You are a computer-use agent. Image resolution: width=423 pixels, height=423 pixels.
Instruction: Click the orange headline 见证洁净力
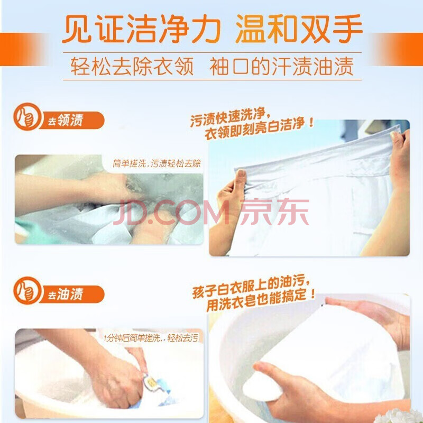(x=141, y=29)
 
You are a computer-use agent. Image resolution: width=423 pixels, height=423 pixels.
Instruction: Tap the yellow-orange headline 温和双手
(x=299, y=29)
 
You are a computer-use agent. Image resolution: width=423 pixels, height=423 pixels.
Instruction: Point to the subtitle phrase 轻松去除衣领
(x=132, y=67)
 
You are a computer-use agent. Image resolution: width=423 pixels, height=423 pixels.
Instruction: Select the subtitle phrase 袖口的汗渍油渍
(x=281, y=67)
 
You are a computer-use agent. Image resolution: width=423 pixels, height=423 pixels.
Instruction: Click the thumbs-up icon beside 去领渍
(x=27, y=116)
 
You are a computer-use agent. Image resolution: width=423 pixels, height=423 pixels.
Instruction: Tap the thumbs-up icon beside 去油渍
(x=27, y=290)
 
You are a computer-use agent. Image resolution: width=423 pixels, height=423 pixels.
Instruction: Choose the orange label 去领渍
(x=66, y=121)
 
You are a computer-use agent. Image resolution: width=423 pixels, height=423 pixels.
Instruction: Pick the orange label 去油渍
(x=66, y=295)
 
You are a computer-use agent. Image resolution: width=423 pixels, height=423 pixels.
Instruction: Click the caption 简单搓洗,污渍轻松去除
(x=157, y=163)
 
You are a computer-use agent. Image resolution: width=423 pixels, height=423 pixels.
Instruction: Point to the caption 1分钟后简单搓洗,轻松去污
(x=151, y=338)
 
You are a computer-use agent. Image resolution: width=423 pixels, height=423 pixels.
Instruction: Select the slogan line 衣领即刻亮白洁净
(x=259, y=128)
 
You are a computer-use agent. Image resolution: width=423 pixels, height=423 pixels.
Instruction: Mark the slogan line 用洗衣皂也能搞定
(x=261, y=300)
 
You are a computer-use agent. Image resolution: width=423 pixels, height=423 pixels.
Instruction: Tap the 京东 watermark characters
(x=274, y=212)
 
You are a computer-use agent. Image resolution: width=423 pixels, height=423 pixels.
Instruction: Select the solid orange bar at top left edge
(x=19, y=49)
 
